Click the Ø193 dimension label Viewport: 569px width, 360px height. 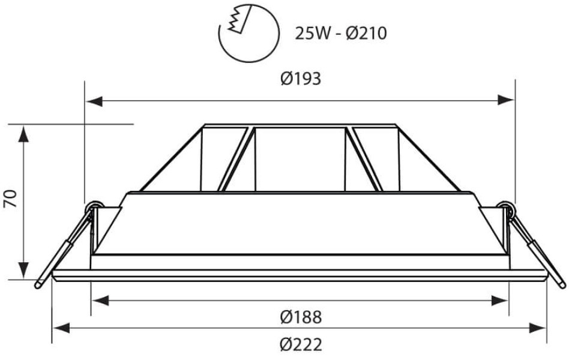pos(301,79)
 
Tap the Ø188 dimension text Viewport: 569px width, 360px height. pos(301,317)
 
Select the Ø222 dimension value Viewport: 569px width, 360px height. pos(301,344)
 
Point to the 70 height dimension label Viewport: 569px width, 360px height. pos(11,198)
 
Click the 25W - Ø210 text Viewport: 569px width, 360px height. pos(341,34)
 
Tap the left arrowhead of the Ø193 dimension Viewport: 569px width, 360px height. pos(94,101)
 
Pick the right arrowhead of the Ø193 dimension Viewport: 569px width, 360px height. pos(506,100)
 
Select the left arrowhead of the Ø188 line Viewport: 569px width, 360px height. pos(100,301)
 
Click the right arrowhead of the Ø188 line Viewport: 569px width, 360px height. pos(499,301)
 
